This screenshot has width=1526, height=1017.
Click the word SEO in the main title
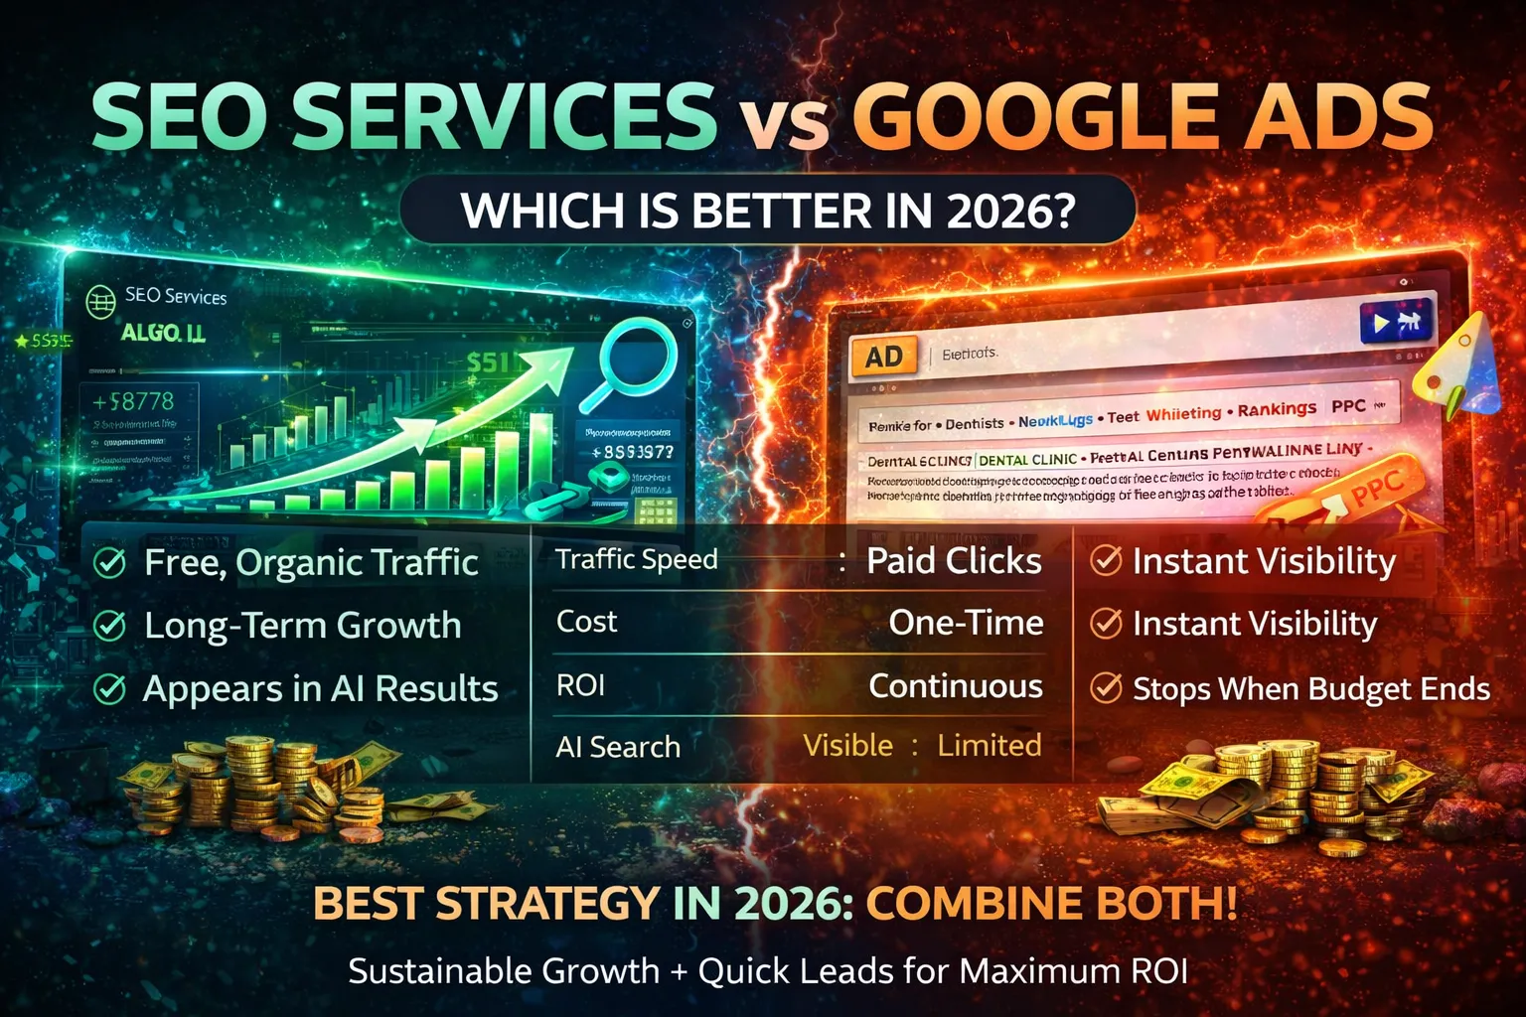pos(179,116)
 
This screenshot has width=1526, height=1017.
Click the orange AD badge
pos(882,358)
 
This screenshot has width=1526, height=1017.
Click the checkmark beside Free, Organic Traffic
pos(109,563)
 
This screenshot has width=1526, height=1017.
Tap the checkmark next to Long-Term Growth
pos(109,626)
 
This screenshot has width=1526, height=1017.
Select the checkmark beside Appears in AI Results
pos(109,689)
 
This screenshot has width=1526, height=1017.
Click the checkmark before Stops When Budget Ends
pos(1106,688)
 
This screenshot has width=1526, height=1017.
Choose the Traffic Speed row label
pos(637,559)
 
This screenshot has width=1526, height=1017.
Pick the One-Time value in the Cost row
pos(966,623)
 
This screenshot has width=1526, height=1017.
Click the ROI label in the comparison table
pos(580,685)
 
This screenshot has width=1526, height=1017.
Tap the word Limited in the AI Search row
pos(990,745)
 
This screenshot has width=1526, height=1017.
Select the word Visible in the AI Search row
pos(847,745)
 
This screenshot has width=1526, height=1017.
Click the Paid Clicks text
pos(954,561)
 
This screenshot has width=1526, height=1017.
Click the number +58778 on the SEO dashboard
pos(133,401)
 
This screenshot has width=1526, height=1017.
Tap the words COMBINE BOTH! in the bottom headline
pos(1052,903)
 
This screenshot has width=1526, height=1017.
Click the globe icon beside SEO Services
pos(100,301)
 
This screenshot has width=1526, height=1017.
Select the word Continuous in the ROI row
pos(956,686)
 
